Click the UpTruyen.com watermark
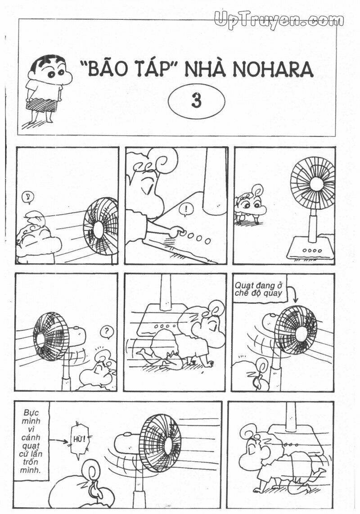(x=279, y=19)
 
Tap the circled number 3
(x=196, y=101)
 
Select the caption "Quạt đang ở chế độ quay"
(x=258, y=289)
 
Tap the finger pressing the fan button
(x=179, y=232)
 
